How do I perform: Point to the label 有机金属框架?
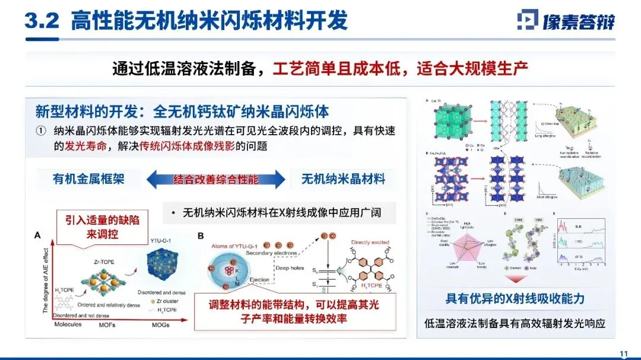[x=88, y=179]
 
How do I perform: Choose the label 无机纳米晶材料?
[x=343, y=179]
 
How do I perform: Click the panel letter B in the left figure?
[x=200, y=235]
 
